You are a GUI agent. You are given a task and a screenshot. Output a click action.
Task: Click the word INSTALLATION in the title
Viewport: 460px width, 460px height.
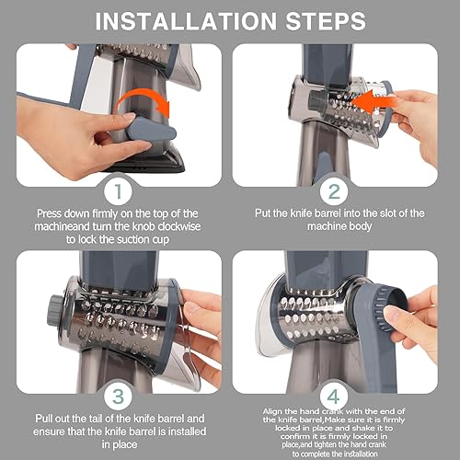(x=186, y=21)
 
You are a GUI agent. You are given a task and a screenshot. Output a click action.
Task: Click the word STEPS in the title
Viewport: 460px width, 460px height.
(x=326, y=21)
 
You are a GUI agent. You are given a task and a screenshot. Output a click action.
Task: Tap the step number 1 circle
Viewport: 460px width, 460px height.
(x=118, y=191)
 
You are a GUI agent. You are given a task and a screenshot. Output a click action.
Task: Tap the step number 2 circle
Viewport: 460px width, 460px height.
(x=334, y=191)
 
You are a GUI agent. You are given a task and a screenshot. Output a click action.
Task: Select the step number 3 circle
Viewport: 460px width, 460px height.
(x=118, y=397)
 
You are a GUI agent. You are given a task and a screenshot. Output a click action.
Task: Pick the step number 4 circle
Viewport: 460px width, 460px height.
(x=334, y=397)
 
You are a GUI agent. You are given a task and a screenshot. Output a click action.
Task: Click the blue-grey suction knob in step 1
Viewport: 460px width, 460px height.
(x=151, y=129)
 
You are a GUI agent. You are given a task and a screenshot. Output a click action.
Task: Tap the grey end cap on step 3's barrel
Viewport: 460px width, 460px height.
(x=54, y=310)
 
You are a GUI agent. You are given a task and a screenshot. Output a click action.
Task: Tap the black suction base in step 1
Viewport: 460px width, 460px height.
(x=147, y=161)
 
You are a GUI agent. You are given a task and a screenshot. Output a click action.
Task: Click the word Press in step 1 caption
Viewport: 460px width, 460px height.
(x=49, y=213)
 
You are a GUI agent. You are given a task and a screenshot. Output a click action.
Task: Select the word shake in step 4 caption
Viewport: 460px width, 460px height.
(x=368, y=428)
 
